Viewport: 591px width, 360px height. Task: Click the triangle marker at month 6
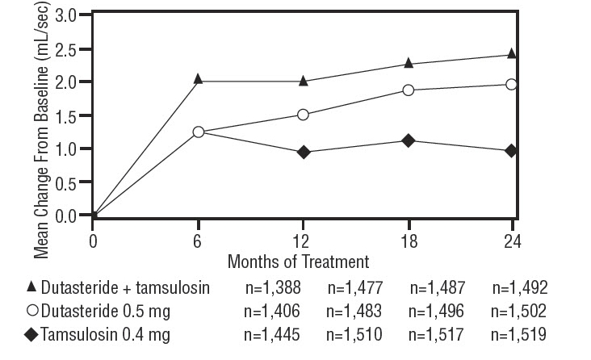pos(199,79)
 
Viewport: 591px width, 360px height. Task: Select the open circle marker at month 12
pos(303,115)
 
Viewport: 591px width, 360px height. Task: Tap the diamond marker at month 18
pos(408,140)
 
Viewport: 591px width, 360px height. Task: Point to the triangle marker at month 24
pos(511,54)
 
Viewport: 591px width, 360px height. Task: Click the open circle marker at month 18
pos(408,90)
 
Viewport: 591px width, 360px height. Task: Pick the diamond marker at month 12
pos(303,152)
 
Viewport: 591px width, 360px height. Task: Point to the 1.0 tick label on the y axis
pos(68,149)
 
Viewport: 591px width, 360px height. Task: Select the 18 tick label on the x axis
pos(408,241)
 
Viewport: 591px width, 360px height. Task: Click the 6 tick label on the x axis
pos(199,241)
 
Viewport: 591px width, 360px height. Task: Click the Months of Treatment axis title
pos(298,262)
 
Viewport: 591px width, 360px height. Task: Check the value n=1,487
pos(438,288)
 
